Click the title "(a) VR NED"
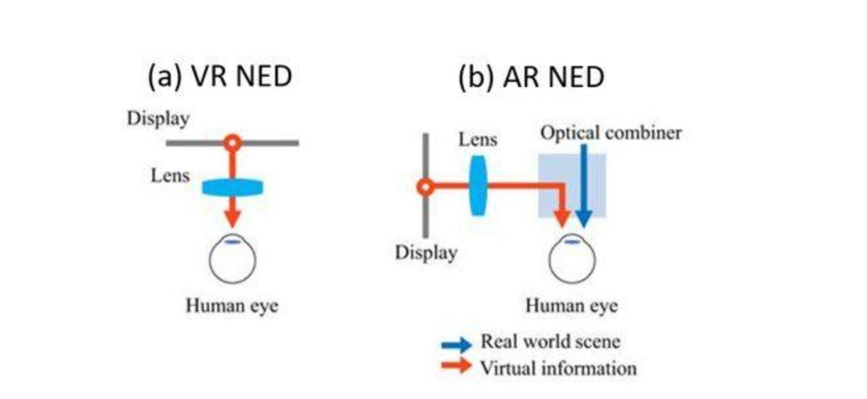(220, 77)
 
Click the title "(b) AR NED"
(531, 77)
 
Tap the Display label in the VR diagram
(158, 119)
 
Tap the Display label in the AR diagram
(426, 253)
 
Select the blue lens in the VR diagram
(232, 188)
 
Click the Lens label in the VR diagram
(170, 175)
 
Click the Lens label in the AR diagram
(478, 140)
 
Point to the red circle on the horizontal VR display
(232, 142)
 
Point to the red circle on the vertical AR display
(426, 187)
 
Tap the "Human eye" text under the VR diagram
(232, 306)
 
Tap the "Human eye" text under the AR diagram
(572, 307)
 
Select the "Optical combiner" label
(611, 133)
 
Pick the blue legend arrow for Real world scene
(457, 344)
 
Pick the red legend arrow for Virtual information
(457, 365)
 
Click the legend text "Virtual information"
(558, 367)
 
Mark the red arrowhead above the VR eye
(232, 218)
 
